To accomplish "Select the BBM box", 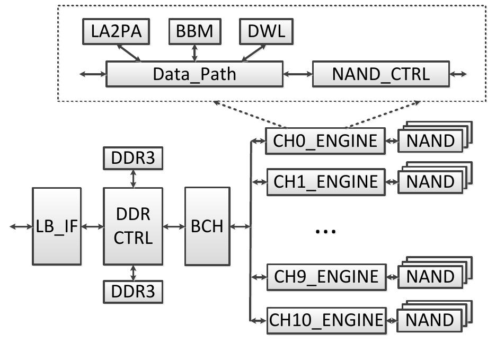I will pos(194,32).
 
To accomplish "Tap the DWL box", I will pos(266,32).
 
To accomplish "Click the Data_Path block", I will pos(194,74).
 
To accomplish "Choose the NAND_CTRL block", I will pos(380,74).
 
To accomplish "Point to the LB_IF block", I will pos(57,226).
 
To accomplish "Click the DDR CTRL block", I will pos(132,226).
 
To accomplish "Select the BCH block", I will pos(207,226).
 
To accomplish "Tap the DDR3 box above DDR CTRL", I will pos(132,158).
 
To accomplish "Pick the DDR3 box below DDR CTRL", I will pos(132,292).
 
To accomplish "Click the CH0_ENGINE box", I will pos(325,141).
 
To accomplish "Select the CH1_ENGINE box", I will pos(325,182).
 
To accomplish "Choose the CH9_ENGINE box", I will pos(325,277).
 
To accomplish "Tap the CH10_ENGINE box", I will pos(325,320).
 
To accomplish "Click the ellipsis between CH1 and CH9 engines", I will pos(325,231).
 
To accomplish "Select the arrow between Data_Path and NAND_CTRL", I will pos(298,74).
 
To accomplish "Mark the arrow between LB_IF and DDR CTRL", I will pos(92,226).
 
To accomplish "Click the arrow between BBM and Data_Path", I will pos(194,52).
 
